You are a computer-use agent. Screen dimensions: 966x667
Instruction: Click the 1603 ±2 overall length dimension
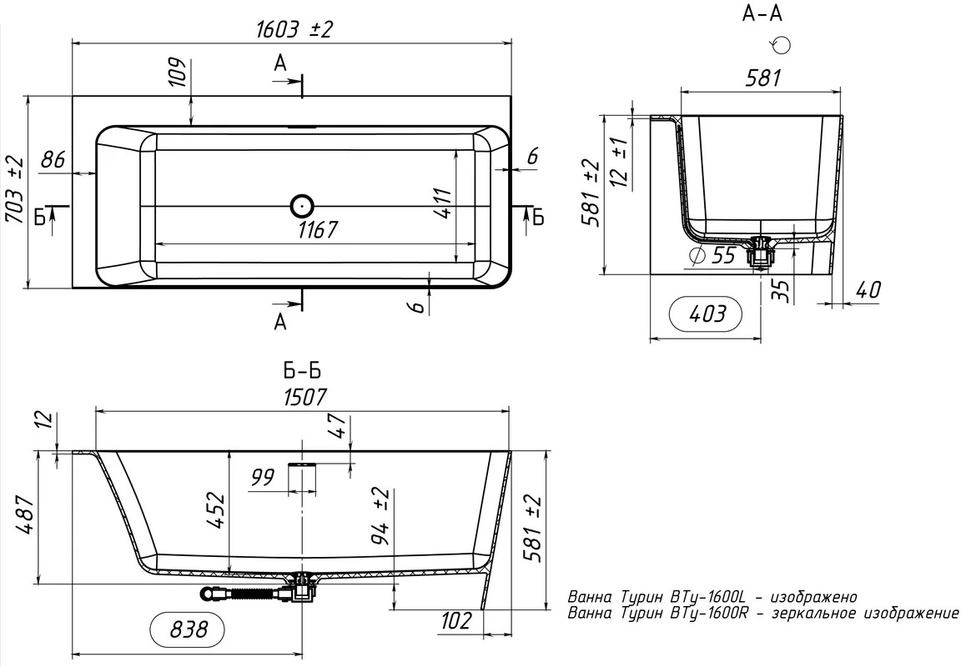click(x=294, y=29)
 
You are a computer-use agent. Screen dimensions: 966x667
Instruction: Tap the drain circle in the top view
click(x=303, y=206)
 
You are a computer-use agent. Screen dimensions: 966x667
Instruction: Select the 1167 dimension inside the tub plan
click(x=318, y=230)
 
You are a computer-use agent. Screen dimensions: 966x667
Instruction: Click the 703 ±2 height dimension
click(x=15, y=190)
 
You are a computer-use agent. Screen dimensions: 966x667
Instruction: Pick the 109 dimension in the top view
click(x=177, y=72)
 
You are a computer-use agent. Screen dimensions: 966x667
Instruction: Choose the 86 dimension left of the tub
click(x=53, y=159)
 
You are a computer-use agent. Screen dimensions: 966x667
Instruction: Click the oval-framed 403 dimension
click(x=706, y=314)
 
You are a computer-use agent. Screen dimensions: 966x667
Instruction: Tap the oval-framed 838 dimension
click(x=188, y=629)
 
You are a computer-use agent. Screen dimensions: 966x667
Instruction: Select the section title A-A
click(x=762, y=13)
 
